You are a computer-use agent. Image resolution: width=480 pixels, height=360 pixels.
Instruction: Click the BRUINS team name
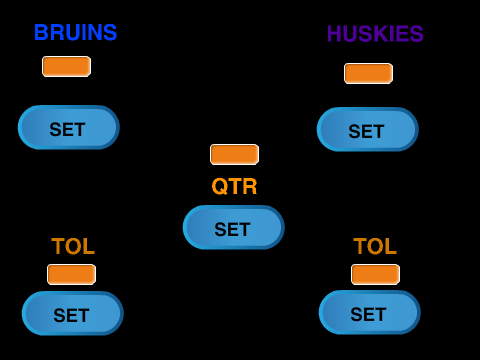pyautogui.click(x=76, y=32)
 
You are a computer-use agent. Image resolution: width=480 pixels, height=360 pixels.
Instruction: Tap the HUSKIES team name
pyautogui.click(x=375, y=34)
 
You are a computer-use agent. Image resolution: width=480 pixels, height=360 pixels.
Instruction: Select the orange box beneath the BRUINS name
pyautogui.click(x=66, y=66)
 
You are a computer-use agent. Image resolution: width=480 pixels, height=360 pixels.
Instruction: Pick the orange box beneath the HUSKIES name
pyautogui.click(x=368, y=73)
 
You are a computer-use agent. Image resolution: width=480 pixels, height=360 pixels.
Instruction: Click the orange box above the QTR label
pyautogui.click(x=234, y=154)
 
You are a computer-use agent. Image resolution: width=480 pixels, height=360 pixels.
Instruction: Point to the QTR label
pyautogui.click(x=234, y=186)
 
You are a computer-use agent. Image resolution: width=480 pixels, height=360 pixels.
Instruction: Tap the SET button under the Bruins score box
pyautogui.click(x=69, y=127)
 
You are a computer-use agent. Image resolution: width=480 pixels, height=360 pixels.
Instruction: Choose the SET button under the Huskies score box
pyautogui.click(x=368, y=129)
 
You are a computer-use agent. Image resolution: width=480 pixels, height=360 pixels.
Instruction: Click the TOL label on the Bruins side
pyautogui.click(x=73, y=246)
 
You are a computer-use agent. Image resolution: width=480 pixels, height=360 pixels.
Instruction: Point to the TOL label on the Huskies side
pyautogui.click(x=375, y=246)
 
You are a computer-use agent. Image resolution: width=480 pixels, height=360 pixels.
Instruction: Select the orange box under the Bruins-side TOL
pyautogui.click(x=71, y=274)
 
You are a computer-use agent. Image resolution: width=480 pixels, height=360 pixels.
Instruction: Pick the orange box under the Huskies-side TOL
pyautogui.click(x=375, y=274)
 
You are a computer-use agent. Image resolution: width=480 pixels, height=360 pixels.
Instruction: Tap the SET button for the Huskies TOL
pyautogui.click(x=370, y=312)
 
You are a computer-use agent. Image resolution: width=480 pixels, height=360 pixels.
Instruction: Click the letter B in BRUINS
pyautogui.click(x=41, y=32)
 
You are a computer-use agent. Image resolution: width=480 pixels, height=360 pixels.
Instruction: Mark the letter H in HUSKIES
pyautogui.click(x=334, y=34)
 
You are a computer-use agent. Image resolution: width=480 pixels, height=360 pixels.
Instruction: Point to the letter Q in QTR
pyautogui.click(x=220, y=186)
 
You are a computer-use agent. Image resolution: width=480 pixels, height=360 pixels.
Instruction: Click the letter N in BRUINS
pyautogui.click(x=95, y=32)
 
